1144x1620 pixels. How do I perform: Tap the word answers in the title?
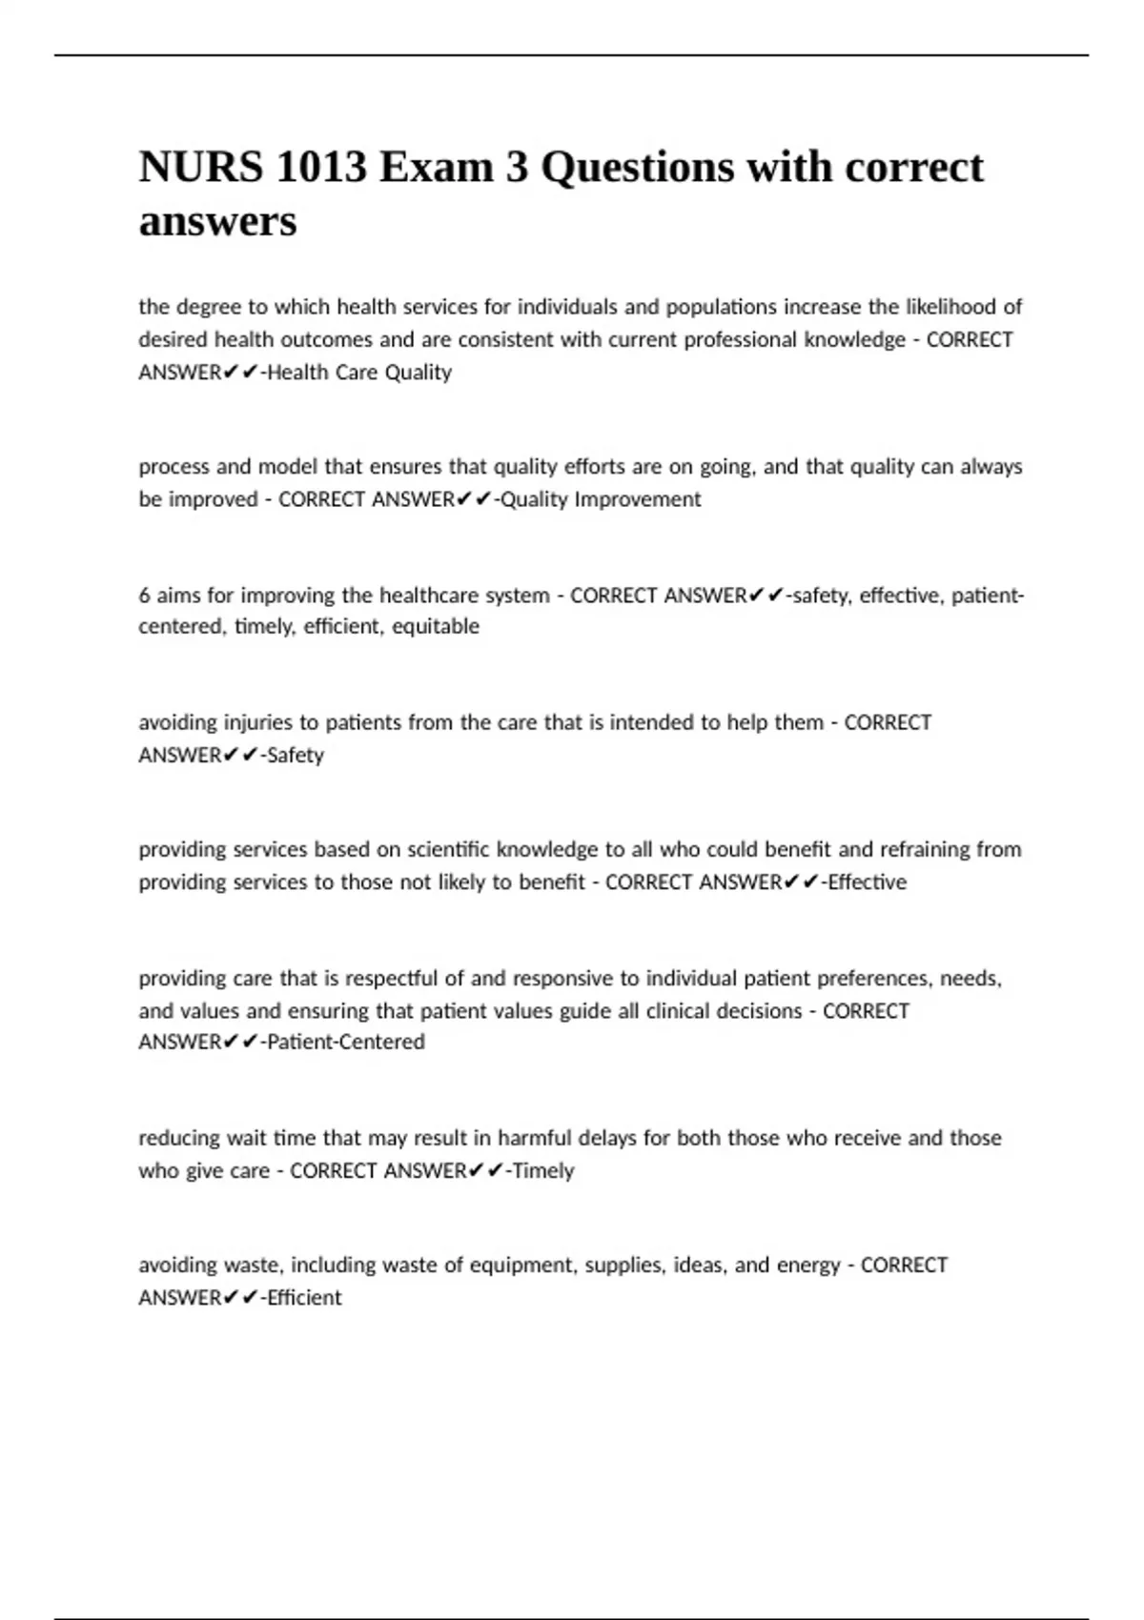point(217,222)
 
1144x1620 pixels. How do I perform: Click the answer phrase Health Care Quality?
point(359,373)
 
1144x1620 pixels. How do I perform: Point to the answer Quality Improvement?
point(601,499)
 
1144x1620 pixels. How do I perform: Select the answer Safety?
point(296,755)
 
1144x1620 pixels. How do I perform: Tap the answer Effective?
point(868,882)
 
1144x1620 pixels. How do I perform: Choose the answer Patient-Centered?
point(346,1042)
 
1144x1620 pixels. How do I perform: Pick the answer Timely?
point(543,1170)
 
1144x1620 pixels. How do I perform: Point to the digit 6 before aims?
point(144,596)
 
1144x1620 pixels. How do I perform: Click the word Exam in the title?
point(435,168)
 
